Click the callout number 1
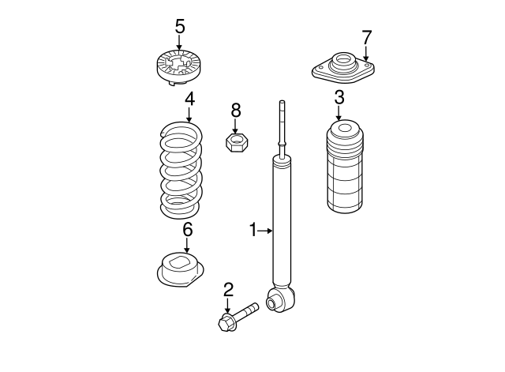coord(253,230)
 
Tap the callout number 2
coord(227,288)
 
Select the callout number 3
coord(339,98)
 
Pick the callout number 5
coord(179,26)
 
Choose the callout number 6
coord(187,230)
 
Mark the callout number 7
coord(366,36)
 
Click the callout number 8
coord(235,110)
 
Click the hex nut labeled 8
coord(236,142)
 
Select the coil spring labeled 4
coord(181,170)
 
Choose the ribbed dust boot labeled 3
coord(344,167)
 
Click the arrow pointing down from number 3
coord(339,113)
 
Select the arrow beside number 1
coord(265,231)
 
